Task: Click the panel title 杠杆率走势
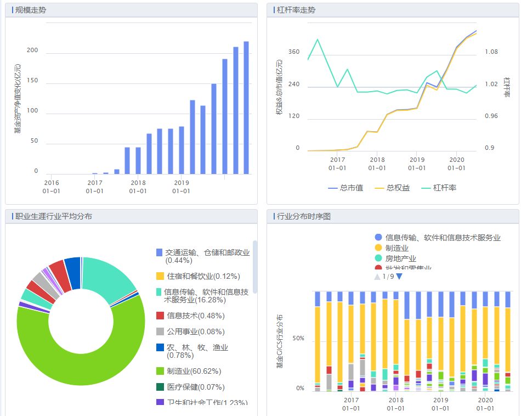[x=296, y=10]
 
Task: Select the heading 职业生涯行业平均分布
[x=53, y=216]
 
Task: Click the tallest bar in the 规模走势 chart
[x=246, y=108]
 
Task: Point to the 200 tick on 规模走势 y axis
[x=33, y=50]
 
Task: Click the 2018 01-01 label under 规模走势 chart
[x=138, y=187]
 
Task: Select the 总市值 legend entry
[x=345, y=188]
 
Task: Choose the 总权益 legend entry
[x=392, y=188]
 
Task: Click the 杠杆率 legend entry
[x=439, y=188]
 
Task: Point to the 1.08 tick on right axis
[x=491, y=52]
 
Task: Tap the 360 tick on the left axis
[x=294, y=52]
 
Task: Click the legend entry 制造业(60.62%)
[x=192, y=371]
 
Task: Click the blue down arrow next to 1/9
[x=399, y=277]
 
